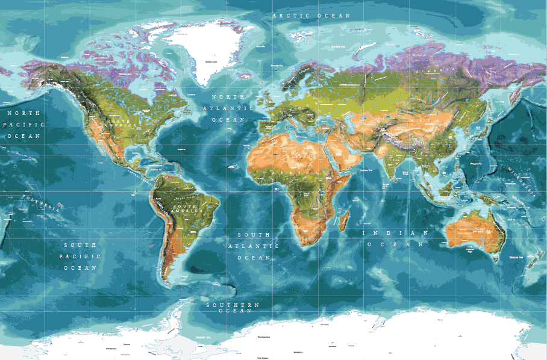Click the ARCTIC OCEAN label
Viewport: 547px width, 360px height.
311,16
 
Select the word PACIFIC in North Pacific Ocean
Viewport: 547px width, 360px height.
24,124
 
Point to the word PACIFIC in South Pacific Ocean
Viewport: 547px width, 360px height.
81,256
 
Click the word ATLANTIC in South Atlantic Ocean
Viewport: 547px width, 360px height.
253,246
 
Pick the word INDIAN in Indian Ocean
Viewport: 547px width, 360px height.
395,233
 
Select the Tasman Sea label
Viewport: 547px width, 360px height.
515,257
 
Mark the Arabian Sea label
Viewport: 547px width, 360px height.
368,170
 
